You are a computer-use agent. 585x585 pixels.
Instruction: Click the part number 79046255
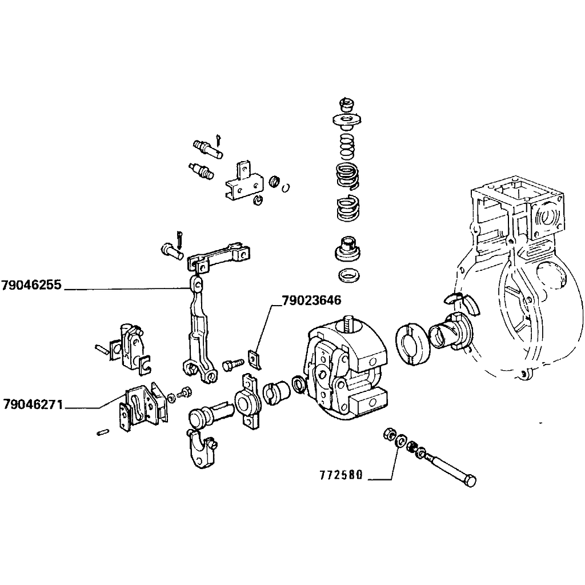pyautogui.click(x=31, y=285)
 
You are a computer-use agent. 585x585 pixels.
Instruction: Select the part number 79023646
pyautogui.click(x=311, y=300)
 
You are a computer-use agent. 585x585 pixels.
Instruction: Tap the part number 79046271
pyautogui.click(x=33, y=404)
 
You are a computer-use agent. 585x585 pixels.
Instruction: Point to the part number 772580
pyautogui.click(x=341, y=475)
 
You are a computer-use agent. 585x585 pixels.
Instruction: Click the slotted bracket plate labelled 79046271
pyautogui.click(x=143, y=407)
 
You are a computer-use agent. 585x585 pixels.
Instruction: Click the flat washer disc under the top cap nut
pyautogui.click(x=347, y=120)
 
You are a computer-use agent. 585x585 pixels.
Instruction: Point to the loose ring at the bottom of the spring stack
pyautogui.click(x=349, y=276)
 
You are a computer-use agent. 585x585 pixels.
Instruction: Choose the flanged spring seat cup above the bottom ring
pyautogui.click(x=348, y=249)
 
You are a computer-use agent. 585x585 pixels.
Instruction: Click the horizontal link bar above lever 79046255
pyautogui.click(x=218, y=257)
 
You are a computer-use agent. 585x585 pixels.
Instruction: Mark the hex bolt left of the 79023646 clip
pyautogui.click(x=233, y=364)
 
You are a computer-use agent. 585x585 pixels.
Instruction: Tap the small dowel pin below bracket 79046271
pyautogui.click(x=102, y=432)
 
